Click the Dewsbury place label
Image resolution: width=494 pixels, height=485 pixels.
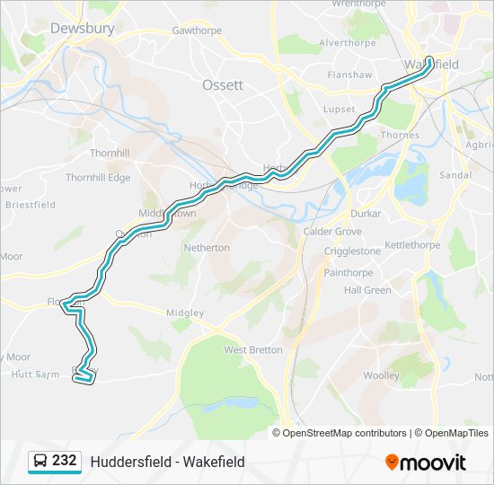tap(82, 29)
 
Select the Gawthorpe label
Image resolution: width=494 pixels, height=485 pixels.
tap(196, 30)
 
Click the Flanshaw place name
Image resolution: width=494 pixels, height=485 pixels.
tap(348, 75)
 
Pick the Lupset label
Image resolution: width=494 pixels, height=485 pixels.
tap(340, 109)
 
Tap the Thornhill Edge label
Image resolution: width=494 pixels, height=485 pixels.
tap(98, 178)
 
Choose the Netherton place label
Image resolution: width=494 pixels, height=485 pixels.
tap(207, 247)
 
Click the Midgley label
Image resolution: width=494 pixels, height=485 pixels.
tap(186, 313)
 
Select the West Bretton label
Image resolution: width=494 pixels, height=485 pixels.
tap(253, 349)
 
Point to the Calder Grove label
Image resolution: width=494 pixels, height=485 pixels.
tap(332, 232)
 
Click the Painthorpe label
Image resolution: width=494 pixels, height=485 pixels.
tap(348, 272)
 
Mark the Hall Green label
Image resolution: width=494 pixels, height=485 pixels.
tap(367, 290)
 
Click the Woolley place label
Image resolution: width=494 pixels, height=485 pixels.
tap(381, 375)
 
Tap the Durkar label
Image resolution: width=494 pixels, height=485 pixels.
tap(366, 214)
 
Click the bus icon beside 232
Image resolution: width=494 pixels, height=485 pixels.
tap(40, 462)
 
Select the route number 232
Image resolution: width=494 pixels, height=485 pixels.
tap(65, 461)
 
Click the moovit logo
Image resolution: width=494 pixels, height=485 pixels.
tap(426, 462)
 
